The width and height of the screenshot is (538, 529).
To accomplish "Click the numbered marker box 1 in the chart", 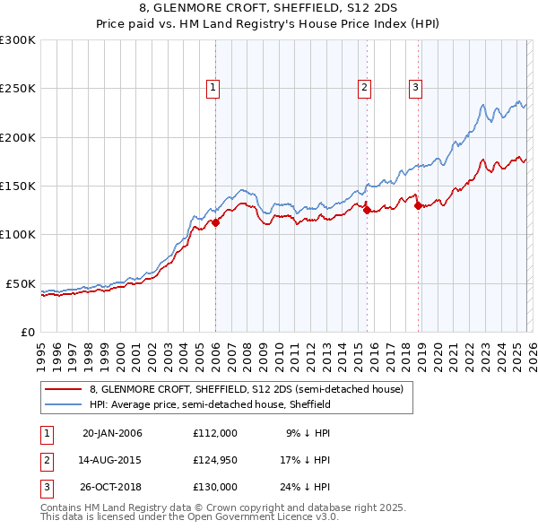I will click(x=213, y=87).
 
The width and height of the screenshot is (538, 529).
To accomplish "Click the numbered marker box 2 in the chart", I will click(x=365, y=87).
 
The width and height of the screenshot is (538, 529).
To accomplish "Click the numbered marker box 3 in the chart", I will click(x=416, y=87).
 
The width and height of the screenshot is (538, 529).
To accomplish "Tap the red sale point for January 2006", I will click(x=215, y=223).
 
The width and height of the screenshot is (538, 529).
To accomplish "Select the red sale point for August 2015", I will click(x=367, y=211).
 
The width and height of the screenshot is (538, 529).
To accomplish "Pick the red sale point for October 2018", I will click(x=418, y=205).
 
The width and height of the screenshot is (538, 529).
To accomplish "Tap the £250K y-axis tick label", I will click(x=18, y=89).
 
